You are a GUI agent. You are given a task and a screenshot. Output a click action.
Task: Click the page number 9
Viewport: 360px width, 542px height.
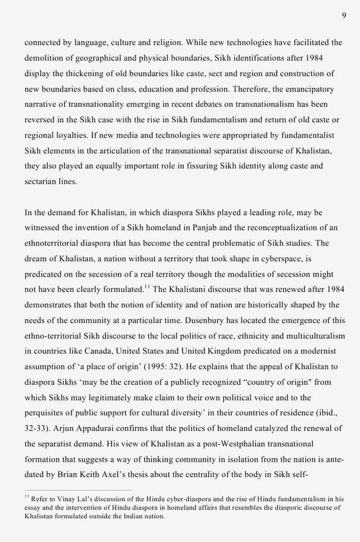coord(344,15)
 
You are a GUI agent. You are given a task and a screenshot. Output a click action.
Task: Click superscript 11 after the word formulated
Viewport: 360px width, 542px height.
coord(146,286)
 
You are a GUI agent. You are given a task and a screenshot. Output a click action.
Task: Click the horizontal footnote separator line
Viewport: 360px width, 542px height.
coord(78,490)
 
